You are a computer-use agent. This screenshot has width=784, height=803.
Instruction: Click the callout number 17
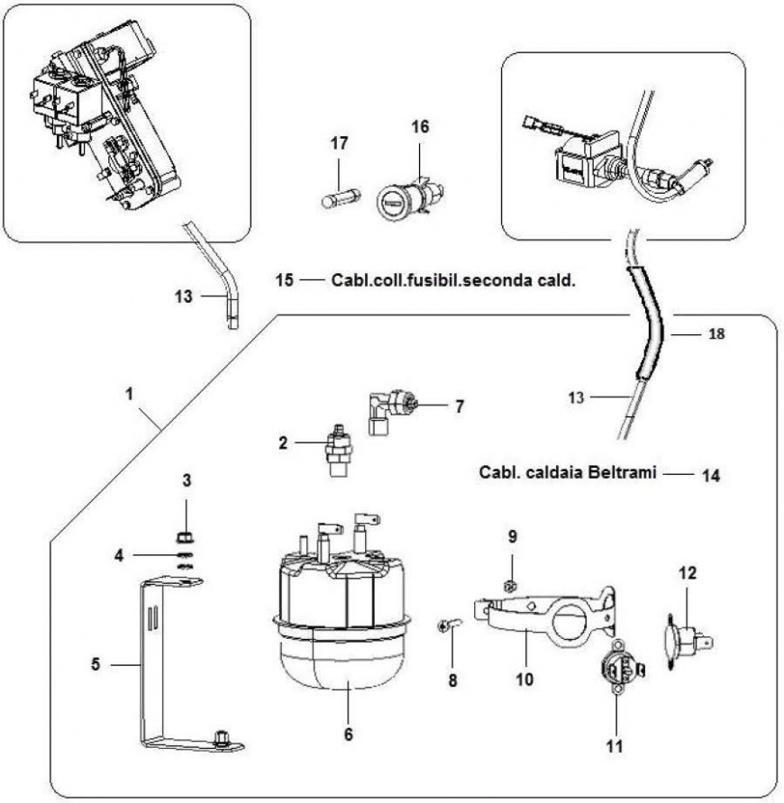pos(339,142)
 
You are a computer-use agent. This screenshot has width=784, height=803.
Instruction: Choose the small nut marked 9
pos(509,586)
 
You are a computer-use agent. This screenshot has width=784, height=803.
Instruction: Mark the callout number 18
pos(716,333)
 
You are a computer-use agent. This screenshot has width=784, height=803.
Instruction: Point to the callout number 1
pos(132,394)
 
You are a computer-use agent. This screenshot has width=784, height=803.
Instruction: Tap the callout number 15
pos(284,279)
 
